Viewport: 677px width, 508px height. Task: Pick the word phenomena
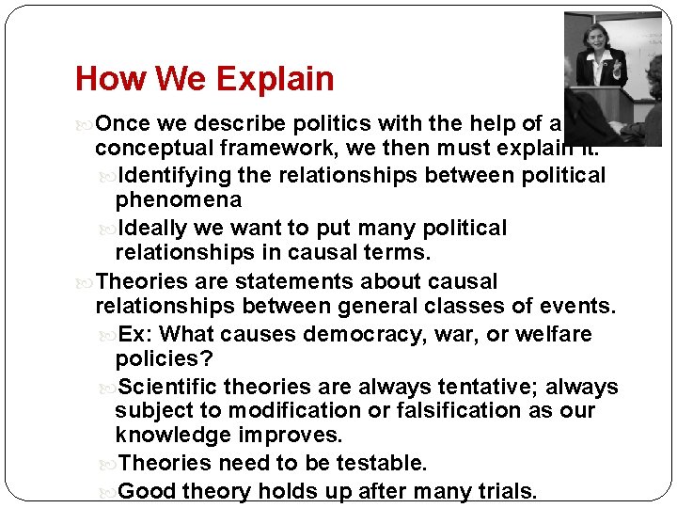178,199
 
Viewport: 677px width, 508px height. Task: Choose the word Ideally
158,229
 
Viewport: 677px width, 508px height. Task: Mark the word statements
273,281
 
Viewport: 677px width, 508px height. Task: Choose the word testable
381,463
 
